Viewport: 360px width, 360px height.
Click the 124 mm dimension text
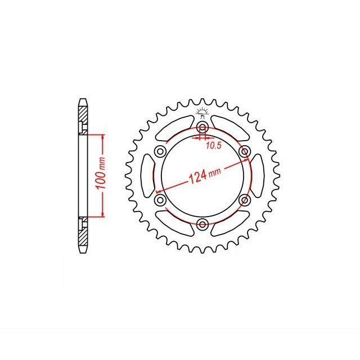[205, 175]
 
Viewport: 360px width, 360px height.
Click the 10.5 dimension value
[214, 146]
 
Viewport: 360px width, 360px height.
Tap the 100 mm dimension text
[101, 173]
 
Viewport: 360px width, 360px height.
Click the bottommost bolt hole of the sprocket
[202, 224]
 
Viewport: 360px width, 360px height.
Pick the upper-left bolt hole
[160, 151]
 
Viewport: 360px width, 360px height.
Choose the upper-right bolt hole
[244, 151]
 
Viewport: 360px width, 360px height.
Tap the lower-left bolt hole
[160, 200]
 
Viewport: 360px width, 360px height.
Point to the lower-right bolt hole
[244, 200]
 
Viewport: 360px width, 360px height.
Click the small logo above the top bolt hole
[202, 112]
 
